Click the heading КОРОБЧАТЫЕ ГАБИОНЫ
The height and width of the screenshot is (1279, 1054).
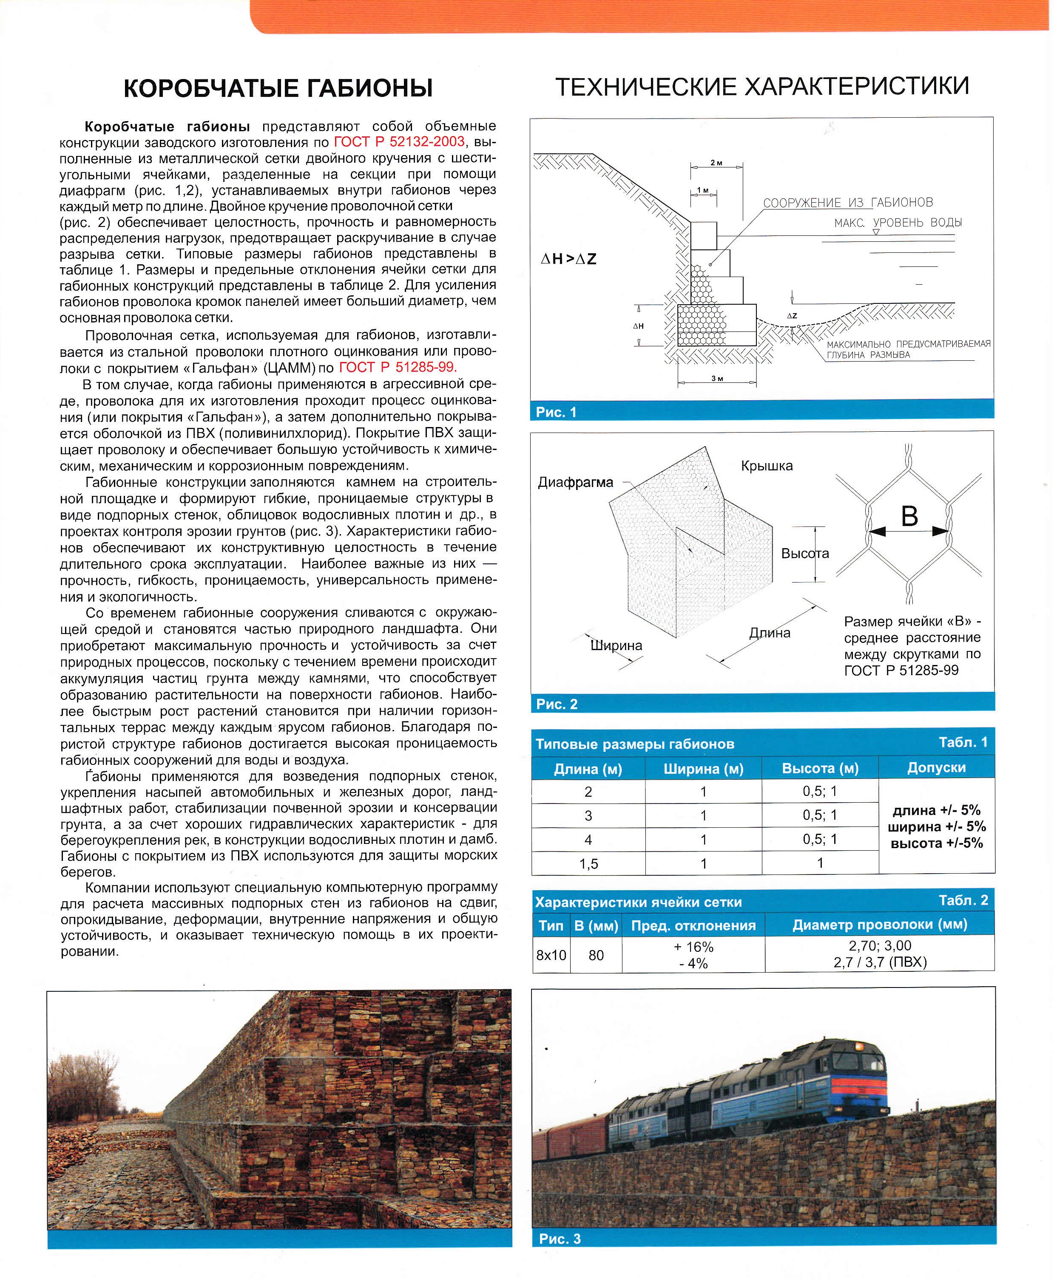pos(278,88)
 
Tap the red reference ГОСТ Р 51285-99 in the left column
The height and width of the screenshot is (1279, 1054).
pos(397,367)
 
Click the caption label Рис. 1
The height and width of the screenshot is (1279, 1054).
pos(556,412)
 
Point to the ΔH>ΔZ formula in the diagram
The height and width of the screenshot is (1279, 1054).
pos(568,259)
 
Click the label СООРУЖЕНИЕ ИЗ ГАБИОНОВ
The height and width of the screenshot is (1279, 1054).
pos(847,203)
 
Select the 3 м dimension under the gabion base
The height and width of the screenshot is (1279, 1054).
pos(717,379)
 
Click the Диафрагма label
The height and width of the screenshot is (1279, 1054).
pos(576,482)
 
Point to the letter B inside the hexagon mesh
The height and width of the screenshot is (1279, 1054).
pos(909,516)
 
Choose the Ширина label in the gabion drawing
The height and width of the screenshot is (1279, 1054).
pos(616,645)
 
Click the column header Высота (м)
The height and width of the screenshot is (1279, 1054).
pos(820,768)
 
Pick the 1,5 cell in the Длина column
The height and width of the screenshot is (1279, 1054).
pos(588,863)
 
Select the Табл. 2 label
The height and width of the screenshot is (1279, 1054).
pos(963,900)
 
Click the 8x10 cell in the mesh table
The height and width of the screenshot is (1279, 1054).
pos(551,955)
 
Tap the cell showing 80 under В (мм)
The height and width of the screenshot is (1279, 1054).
pos(596,955)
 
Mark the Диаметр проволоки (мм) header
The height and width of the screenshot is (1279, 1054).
pos(879,925)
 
